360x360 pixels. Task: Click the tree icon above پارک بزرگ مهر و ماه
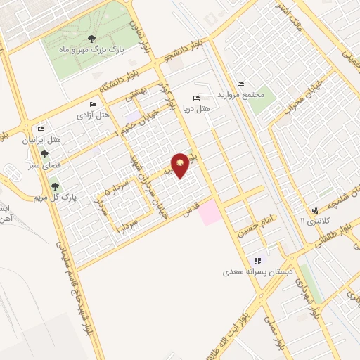pyautogui.click(x=91, y=38)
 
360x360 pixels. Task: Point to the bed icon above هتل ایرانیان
pyautogui.click(x=41, y=129)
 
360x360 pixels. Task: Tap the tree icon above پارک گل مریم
pyautogui.click(x=54, y=186)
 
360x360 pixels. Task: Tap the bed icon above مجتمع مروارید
pyautogui.click(x=240, y=84)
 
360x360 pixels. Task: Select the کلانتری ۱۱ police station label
pyautogui.click(x=314, y=221)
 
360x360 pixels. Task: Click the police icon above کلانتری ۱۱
pyautogui.click(x=315, y=210)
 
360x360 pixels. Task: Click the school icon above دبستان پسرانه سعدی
pyautogui.click(x=257, y=260)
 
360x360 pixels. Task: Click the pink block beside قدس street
pyautogui.click(x=210, y=213)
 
